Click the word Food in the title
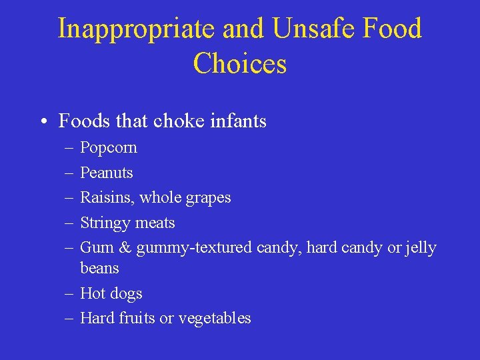394,29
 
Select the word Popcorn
109,148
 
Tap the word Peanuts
107,173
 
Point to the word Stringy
105,223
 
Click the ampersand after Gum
125,248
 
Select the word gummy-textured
194,249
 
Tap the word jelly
421,248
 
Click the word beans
99,268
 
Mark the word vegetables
213,319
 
